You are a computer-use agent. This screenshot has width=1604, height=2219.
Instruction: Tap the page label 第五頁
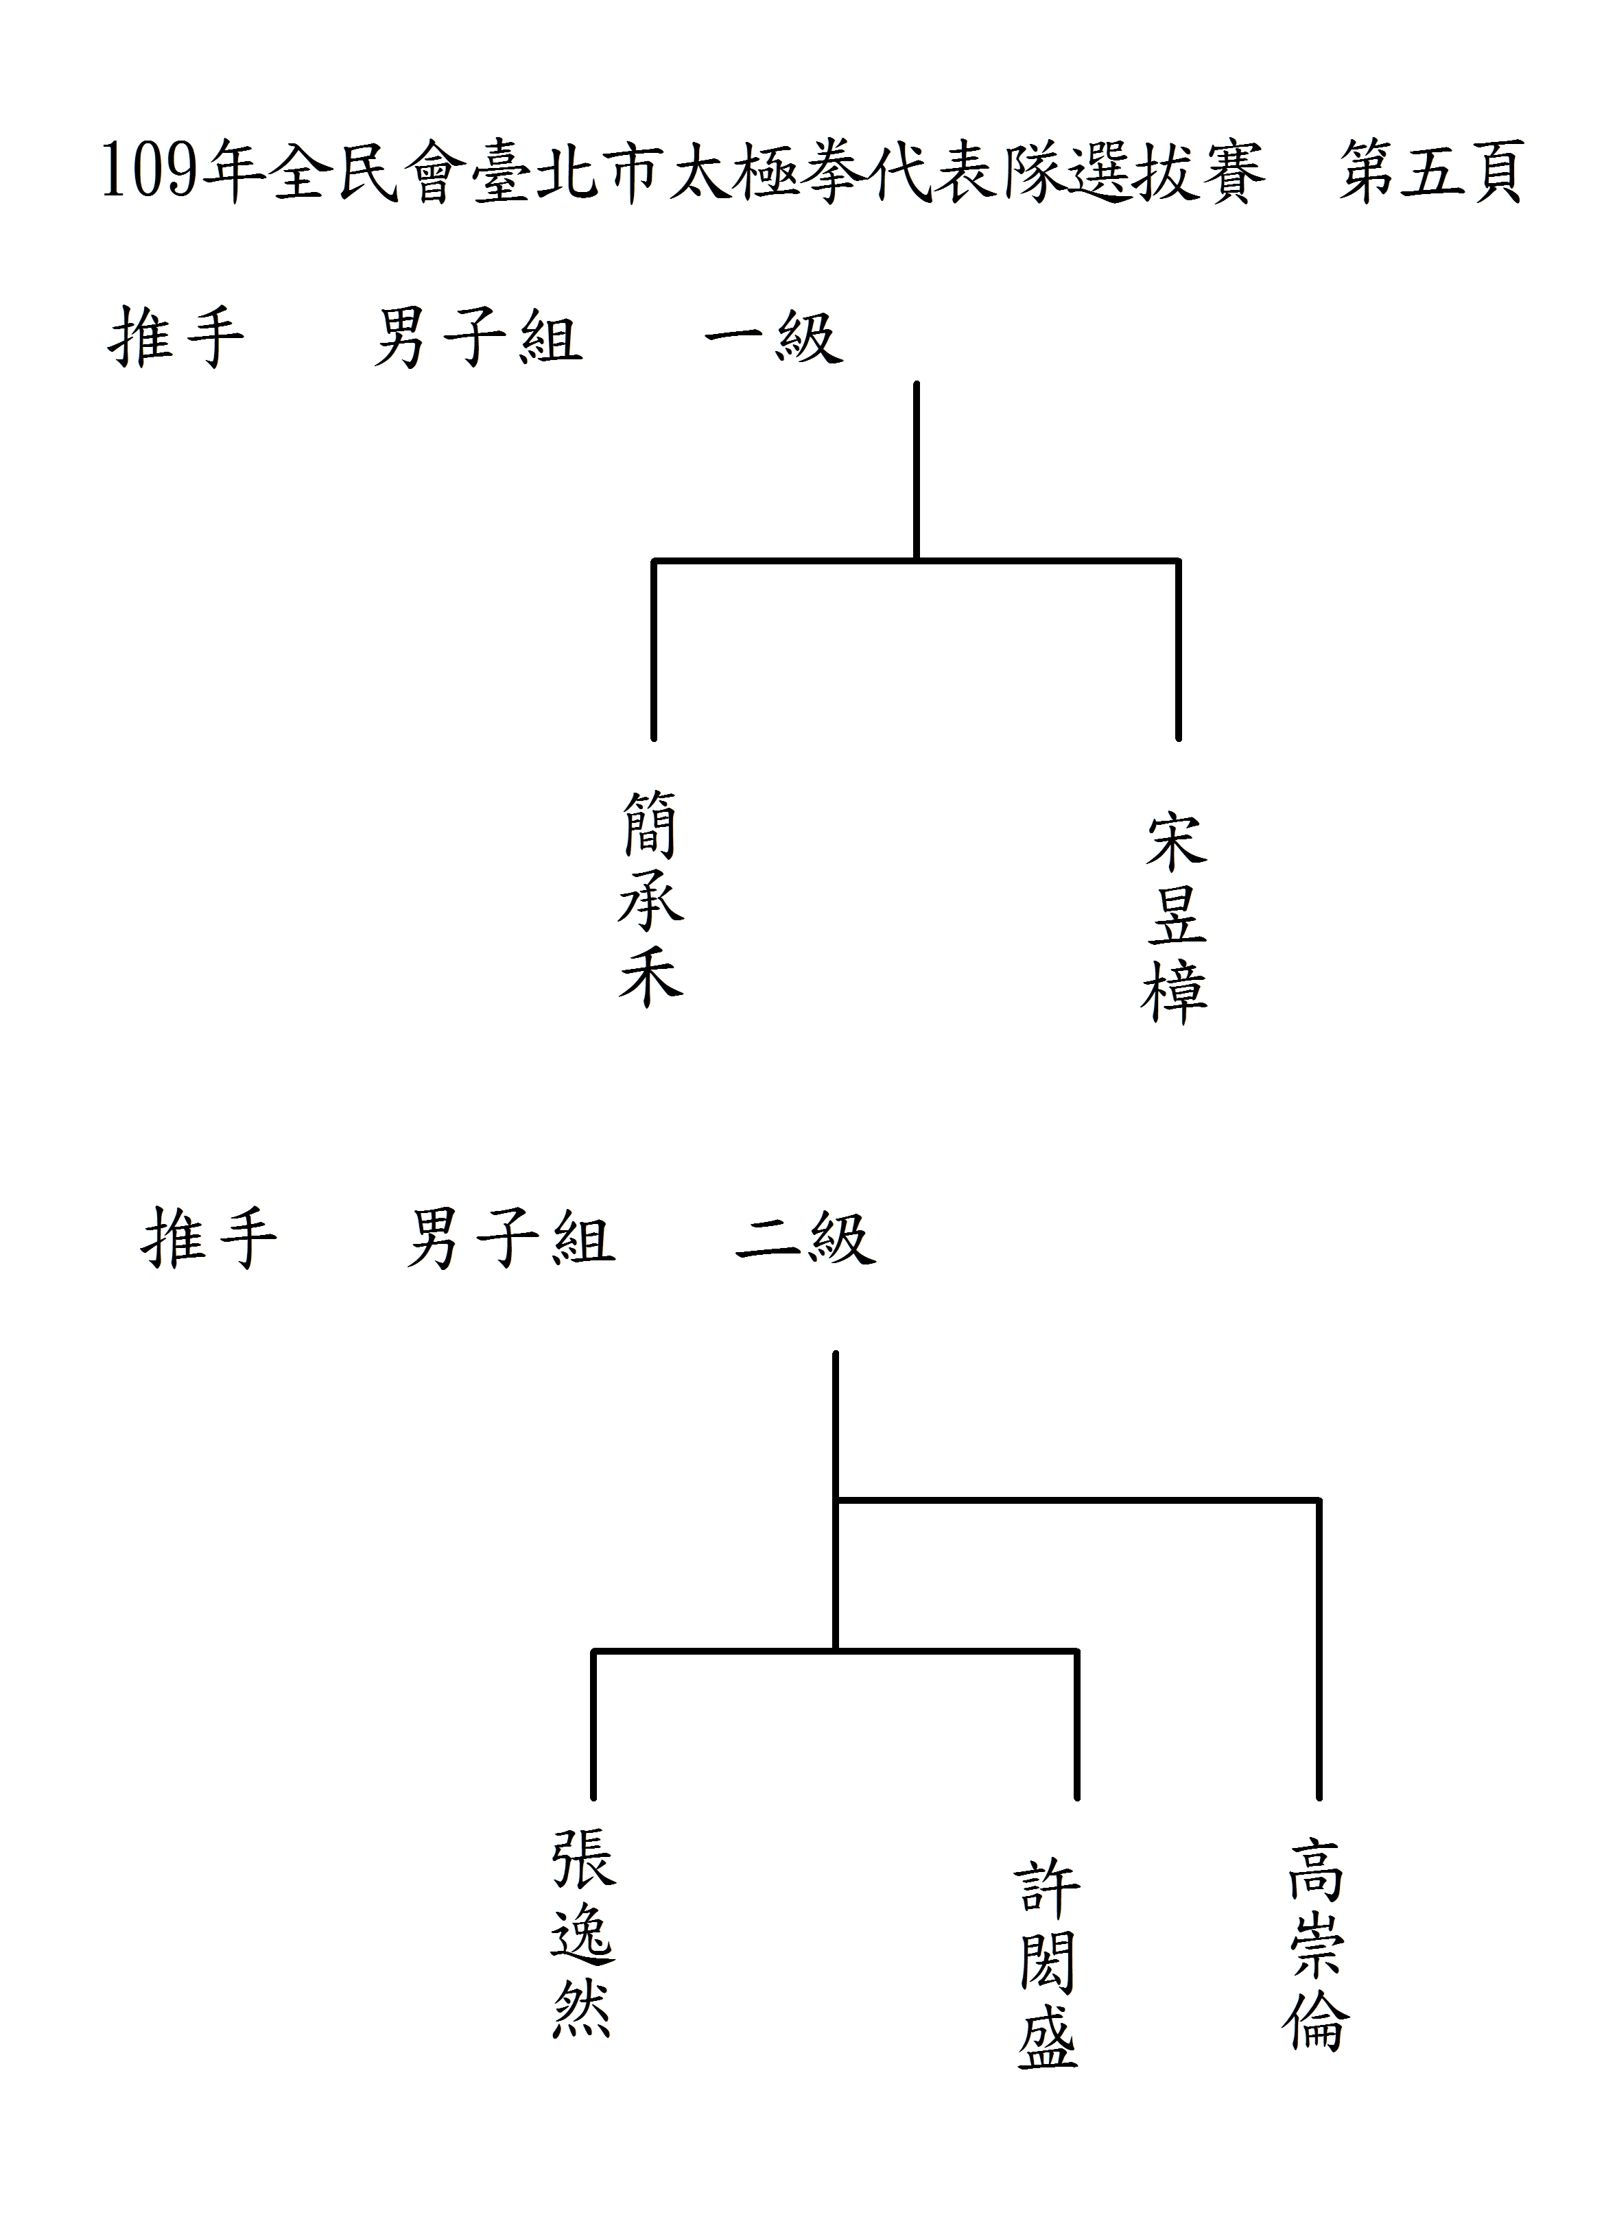tap(1431, 171)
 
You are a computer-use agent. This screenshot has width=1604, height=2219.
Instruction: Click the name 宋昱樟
tap(1175, 917)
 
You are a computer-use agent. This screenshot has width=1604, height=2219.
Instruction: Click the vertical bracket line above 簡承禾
tap(654, 649)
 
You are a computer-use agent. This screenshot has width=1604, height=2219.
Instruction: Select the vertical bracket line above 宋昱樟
tap(1178, 649)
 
